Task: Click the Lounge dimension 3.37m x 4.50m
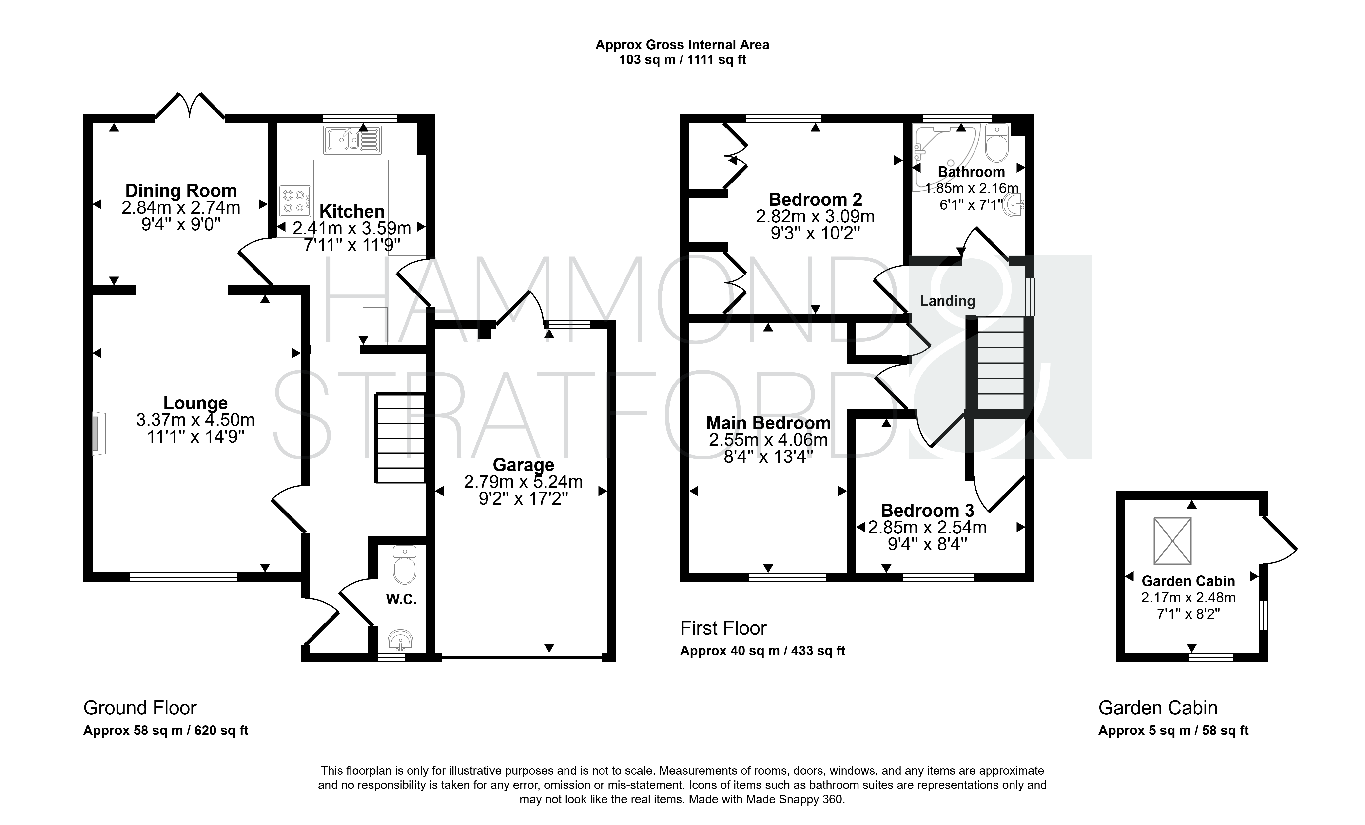tap(195, 420)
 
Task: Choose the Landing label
tap(947, 301)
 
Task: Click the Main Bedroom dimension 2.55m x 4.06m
tap(768, 440)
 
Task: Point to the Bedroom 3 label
tap(927, 510)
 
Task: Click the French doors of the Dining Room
tap(190, 105)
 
